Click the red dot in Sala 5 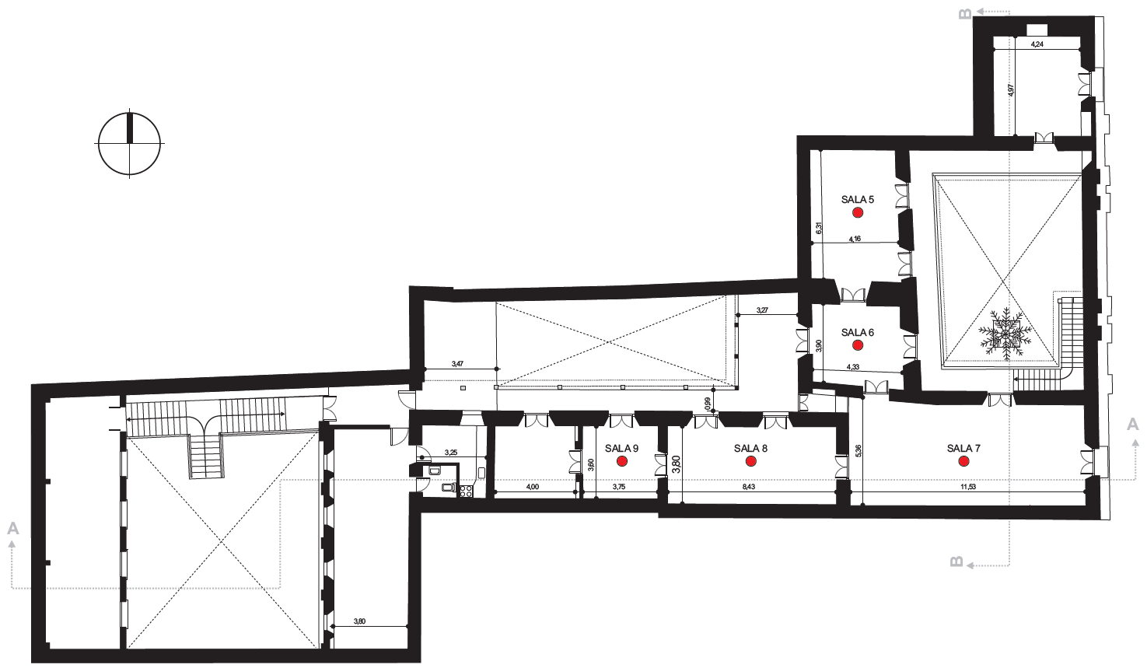pos(858,212)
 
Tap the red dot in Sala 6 pos(858,345)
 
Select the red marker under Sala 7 pos(963,461)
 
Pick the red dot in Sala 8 pos(750,461)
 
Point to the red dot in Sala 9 pos(622,461)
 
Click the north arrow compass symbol pos(129,143)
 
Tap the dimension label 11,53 pos(968,487)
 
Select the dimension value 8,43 pos(749,487)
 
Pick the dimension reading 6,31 pos(819,228)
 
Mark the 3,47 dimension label pos(457,364)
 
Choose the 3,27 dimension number pos(762,310)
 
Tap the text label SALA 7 pos(963,449)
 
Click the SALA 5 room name pos(858,200)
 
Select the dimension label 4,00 pos(533,487)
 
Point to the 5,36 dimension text pos(859,450)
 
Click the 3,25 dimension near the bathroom pos(450,453)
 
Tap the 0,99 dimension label pos(708,404)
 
